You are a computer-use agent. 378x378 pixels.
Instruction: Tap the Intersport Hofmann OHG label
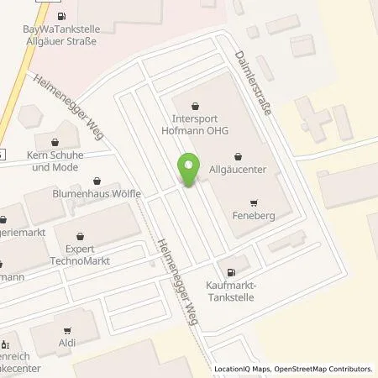click(196, 124)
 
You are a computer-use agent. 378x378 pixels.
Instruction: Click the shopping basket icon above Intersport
click(196, 106)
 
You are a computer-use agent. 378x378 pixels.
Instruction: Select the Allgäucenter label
click(238, 170)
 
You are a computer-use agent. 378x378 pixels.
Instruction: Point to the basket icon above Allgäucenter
click(238, 156)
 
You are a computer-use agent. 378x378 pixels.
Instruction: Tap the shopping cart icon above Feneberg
click(252, 202)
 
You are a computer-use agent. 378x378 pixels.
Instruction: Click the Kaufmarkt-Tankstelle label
click(231, 290)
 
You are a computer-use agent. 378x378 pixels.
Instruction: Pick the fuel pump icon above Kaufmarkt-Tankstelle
click(231, 270)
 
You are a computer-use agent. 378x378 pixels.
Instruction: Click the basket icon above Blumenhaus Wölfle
click(98, 180)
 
